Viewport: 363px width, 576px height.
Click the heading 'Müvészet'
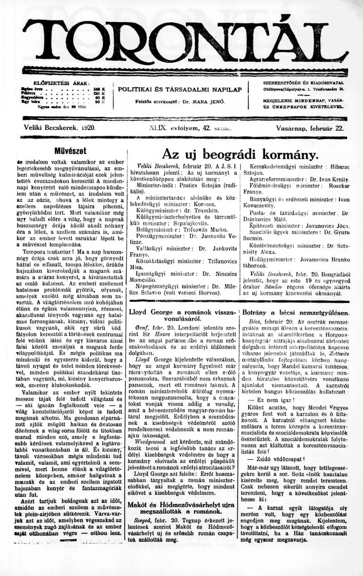pos(70,151)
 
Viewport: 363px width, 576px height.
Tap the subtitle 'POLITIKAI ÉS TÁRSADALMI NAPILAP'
pos(180,89)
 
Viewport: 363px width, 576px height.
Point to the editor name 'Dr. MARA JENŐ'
pos(203,102)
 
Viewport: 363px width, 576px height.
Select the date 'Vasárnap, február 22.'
pos(309,128)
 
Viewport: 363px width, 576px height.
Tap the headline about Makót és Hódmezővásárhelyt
pos(181,507)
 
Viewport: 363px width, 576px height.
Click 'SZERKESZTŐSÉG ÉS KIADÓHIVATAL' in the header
pos(303,83)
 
